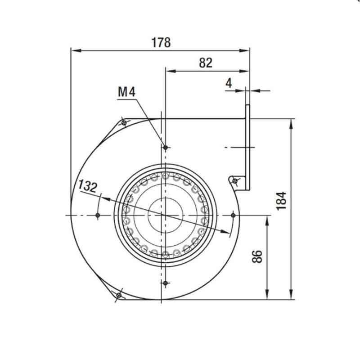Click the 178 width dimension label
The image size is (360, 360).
[x=161, y=42]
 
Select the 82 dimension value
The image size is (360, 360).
[x=206, y=63]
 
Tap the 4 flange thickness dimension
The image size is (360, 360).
[x=229, y=83]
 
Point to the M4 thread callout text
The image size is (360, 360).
[x=126, y=92]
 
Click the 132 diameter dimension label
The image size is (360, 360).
[x=88, y=186]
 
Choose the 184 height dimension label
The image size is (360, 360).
[x=282, y=201]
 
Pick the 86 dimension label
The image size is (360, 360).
[x=257, y=256]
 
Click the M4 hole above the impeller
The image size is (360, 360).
[x=165, y=148]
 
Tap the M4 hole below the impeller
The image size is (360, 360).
[x=165, y=283]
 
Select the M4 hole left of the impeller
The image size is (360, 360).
[x=98, y=216]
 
